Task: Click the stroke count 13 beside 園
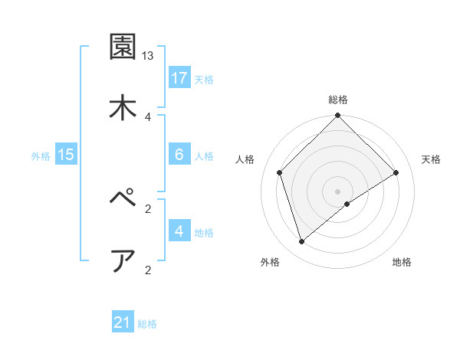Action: [148, 56]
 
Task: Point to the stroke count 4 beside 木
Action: [148, 116]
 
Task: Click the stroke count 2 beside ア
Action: [148, 270]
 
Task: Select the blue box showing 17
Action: [179, 78]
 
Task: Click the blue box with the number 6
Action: [179, 155]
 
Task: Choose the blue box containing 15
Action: [66, 155]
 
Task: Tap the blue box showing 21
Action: [123, 323]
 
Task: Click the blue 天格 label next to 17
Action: [204, 79]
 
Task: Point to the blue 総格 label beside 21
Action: [147, 324]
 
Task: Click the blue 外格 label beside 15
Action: [41, 155]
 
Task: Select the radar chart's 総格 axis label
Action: [338, 100]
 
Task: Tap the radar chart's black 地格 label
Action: [402, 263]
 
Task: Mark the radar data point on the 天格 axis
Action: [396, 172]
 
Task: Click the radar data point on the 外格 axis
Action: [301, 242]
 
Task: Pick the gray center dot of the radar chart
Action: [338, 191]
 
